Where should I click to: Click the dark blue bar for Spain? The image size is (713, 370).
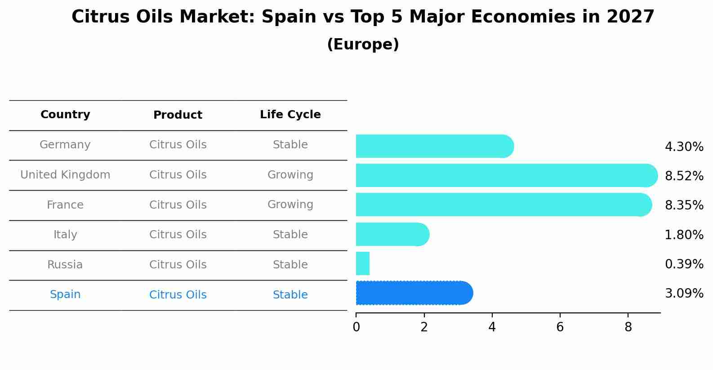click(414, 293)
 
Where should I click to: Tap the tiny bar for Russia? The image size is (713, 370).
click(362, 263)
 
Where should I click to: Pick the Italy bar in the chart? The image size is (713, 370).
click(392, 234)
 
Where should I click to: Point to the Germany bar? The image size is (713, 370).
click(434, 146)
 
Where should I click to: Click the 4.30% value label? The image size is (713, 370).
click(684, 147)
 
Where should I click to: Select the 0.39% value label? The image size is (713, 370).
click(684, 264)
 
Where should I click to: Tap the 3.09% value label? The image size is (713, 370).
click(684, 294)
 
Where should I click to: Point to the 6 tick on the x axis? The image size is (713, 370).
click(560, 327)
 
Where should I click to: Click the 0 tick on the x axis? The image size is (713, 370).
click(356, 327)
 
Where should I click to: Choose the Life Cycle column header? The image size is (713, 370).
click(290, 115)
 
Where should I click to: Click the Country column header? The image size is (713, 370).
click(65, 115)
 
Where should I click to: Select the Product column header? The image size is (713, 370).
click(178, 115)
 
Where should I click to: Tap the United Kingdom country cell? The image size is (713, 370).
click(65, 175)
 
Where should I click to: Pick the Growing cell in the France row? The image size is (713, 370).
click(290, 205)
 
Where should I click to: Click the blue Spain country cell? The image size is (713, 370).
click(65, 294)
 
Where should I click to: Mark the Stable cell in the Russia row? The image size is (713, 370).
click(290, 265)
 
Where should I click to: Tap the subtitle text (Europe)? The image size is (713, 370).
click(363, 45)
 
